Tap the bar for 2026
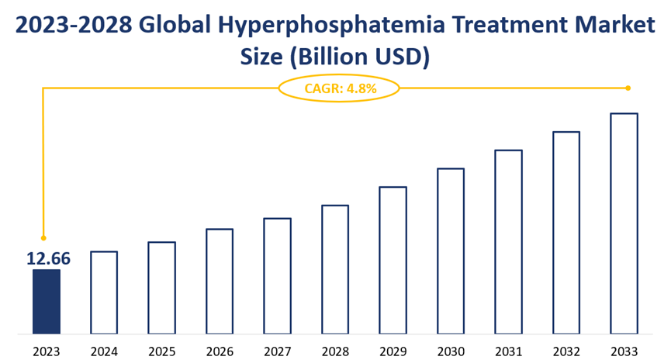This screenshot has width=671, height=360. coord(220,281)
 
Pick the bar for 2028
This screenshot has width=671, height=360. coord(335,268)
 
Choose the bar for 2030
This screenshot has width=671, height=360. coord(451,251)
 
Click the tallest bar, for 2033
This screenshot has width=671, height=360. coord(624,223)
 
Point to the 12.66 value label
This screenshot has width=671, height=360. coord(48,258)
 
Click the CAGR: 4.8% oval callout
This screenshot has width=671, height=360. coord(339,88)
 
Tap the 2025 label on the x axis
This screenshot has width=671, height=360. coord(161,351)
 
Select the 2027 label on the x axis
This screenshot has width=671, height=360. coord(277,351)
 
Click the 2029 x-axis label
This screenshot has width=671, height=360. coord(393,351)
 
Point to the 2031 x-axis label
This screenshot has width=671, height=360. coord(508,351)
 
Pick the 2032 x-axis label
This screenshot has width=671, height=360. coord(566,351)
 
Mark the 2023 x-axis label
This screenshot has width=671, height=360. coord(46,351)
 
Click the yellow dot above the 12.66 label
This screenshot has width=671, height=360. coord(43,237)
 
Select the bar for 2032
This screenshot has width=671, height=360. coord(566,232)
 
